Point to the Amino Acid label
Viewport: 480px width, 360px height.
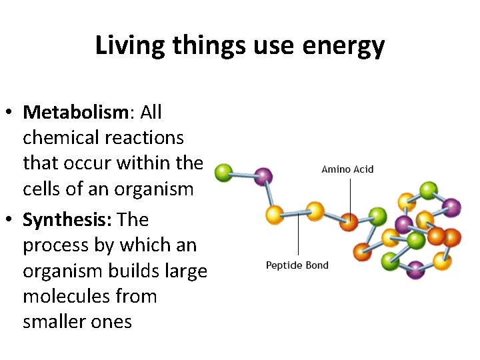pos(347,169)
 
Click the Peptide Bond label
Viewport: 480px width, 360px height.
pos(297,265)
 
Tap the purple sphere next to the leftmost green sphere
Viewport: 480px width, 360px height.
pos(264,177)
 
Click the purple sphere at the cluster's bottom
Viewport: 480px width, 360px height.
pos(416,270)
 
